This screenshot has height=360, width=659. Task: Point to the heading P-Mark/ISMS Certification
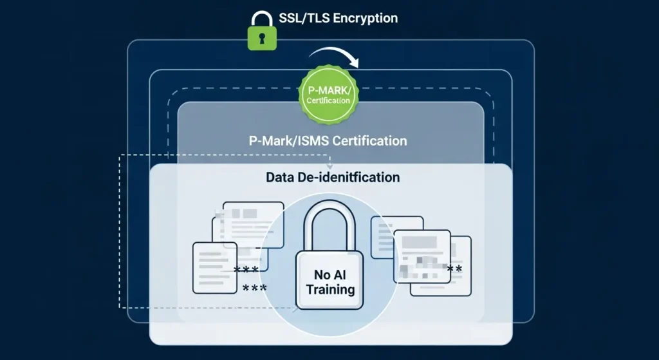[328, 140]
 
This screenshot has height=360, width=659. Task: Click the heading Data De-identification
[333, 176]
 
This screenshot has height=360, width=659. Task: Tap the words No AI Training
[330, 282]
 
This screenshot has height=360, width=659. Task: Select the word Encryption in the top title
[369, 17]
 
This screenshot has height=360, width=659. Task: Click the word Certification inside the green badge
[328, 100]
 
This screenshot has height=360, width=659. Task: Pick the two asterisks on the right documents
[454, 269]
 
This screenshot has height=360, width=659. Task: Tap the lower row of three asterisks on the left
[255, 289]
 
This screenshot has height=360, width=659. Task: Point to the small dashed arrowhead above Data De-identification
[329, 166]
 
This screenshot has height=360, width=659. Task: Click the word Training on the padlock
[330, 289]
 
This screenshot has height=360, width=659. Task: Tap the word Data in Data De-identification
[281, 176]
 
